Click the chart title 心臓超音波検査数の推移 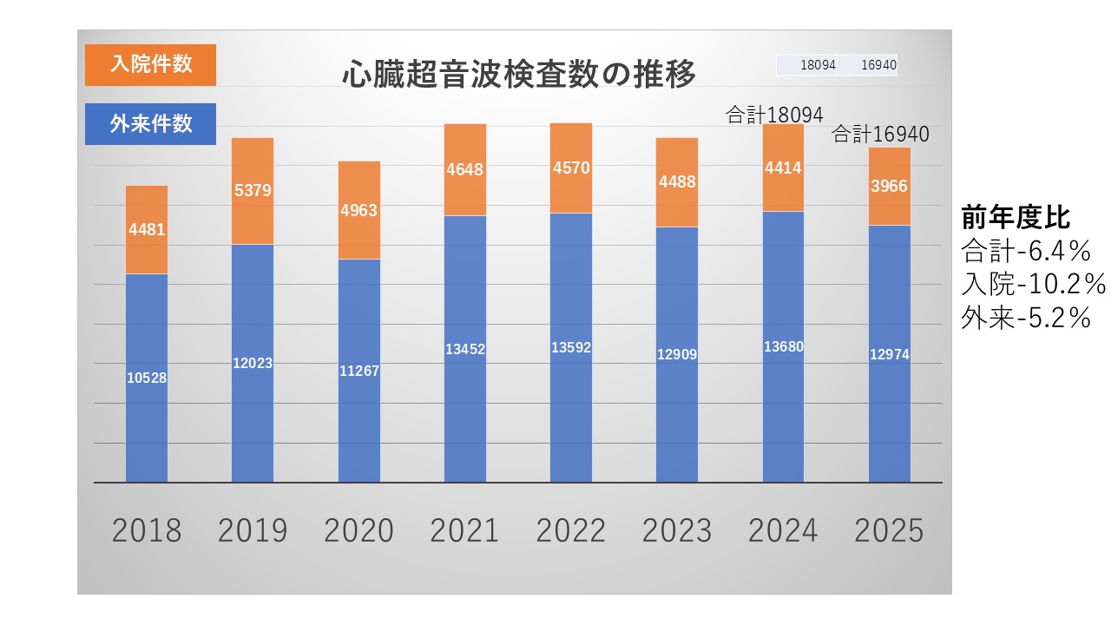[x=519, y=75]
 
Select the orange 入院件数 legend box [x=150, y=65]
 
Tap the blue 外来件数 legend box [x=150, y=124]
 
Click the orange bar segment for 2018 [x=147, y=230]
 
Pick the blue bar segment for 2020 [x=359, y=371]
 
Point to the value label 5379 [x=253, y=190]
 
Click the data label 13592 [x=571, y=347]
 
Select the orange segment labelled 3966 [x=890, y=187]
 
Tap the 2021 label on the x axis [x=464, y=530]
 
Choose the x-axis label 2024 [x=783, y=530]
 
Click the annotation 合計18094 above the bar [x=774, y=115]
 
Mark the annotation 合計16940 [x=880, y=134]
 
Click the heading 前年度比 [x=1016, y=217]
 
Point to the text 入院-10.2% [x=1033, y=284]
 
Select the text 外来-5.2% [x=1026, y=318]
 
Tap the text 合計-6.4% [x=1026, y=251]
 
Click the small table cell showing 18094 [x=806, y=65]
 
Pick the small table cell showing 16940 [x=867, y=65]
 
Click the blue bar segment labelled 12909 [x=677, y=355]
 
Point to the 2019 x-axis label [x=253, y=530]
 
